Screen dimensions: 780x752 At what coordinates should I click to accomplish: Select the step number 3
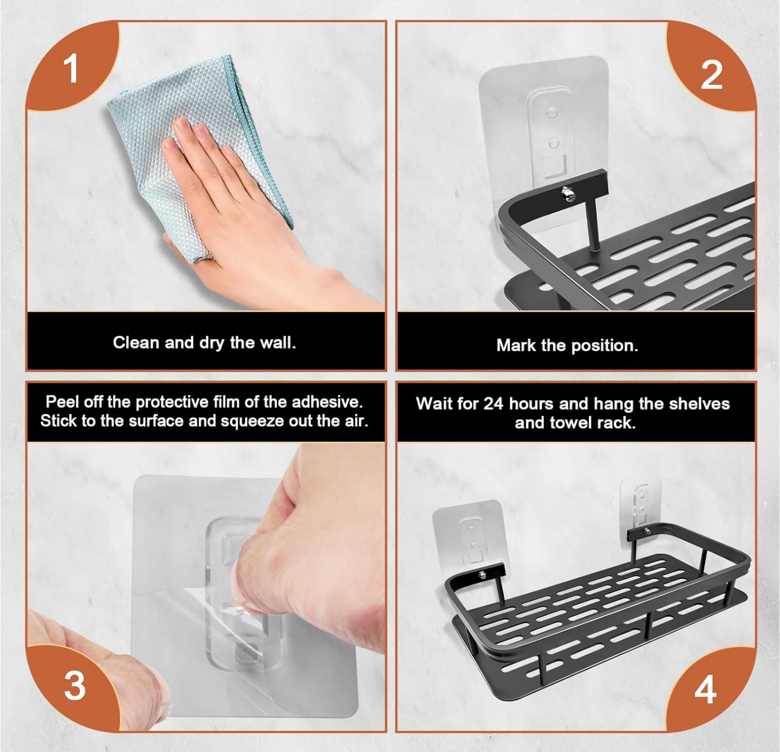[75, 686]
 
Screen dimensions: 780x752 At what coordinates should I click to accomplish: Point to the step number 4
[706, 689]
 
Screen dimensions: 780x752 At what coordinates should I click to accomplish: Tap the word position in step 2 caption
[605, 346]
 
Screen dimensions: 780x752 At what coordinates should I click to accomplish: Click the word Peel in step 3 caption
[62, 402]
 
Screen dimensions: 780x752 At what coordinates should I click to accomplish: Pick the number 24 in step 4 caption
[493, 404]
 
